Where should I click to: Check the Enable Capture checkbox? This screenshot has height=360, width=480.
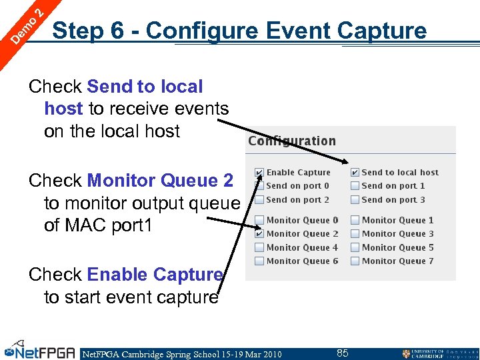click(259, 173)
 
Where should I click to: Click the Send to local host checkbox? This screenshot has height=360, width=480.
click(355, 173)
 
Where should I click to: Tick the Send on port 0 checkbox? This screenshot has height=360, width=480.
click(259, 186)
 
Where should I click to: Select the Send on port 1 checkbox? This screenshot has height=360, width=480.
click(355, 186)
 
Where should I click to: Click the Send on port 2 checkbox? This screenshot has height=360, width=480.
click(259, 199)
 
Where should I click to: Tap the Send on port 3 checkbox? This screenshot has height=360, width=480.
click(355, 199)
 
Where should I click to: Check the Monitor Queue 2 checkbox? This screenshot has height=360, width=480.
click(259, 234)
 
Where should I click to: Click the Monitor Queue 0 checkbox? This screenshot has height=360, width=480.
click(259, 220)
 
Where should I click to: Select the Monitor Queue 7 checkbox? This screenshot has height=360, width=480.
click(355, 261)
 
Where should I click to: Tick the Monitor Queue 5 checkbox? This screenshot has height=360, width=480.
click(355, 247)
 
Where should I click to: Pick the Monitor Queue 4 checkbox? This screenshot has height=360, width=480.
click(259, 247)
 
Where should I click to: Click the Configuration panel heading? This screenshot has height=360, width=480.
click(292, 141)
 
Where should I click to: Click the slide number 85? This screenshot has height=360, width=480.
click(342, 353)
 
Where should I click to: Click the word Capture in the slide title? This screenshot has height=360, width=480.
click(382, 31)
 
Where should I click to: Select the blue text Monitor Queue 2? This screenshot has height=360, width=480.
click(160, 181)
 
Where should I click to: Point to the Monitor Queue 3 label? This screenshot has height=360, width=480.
click(397, 234)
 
